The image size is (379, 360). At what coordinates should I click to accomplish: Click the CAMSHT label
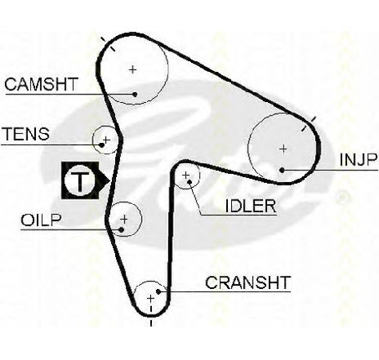pos(41,84)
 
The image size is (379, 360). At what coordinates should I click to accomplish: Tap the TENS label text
pos(26,134)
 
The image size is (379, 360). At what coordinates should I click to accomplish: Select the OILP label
pos(41,220)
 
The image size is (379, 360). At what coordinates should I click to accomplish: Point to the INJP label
pos(359,160)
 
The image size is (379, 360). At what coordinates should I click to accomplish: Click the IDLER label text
pos(251,206)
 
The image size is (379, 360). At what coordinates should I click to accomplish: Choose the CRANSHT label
pos(247,282)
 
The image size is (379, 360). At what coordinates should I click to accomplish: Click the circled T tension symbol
pos(80,180)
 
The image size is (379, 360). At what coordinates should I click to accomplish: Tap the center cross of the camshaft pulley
pos(133,69)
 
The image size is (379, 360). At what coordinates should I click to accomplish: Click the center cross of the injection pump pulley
pos(283,149)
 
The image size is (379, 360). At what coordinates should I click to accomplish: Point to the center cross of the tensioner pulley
pos(106,140)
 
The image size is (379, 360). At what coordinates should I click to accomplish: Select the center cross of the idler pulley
pos(186,175)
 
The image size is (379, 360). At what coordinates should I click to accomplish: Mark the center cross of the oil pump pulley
pos(124,219)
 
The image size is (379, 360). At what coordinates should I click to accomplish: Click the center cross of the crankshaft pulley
pos(150,299)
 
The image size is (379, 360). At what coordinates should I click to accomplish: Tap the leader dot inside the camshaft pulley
pos(135,95)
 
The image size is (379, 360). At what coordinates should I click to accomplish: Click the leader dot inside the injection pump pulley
pos(282,170)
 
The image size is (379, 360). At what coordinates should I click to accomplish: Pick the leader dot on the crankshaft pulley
pos(158,291)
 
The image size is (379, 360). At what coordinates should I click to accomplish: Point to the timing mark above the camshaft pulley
pos(108,44)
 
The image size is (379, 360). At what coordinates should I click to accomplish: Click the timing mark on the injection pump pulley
pos(309,124)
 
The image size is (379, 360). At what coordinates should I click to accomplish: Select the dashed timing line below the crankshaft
pos(151,315)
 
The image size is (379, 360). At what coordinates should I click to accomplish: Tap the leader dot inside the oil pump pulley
pos(122,229)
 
